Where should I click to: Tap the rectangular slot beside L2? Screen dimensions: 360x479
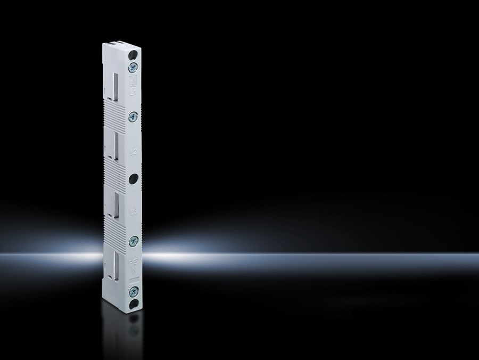[x=115, y=146]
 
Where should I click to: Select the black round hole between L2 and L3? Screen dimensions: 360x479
[x=133, y=178]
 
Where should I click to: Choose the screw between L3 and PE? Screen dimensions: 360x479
[x=133, y=241]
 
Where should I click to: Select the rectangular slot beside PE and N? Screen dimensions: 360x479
[x=115, y=263]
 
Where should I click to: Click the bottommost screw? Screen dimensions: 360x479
[x=134, y=291]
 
